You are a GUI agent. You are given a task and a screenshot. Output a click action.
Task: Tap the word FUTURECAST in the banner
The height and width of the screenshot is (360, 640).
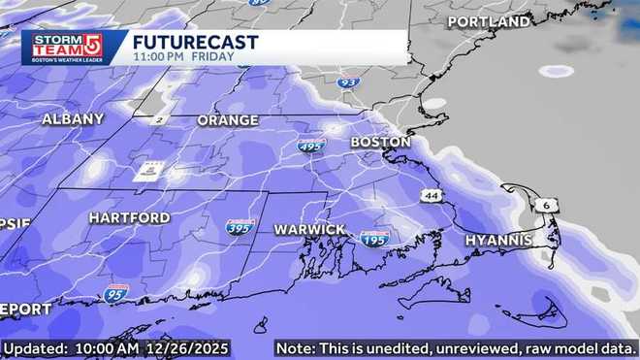[195, 42]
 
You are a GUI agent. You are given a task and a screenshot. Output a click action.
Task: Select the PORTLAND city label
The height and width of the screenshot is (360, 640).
[489, 21]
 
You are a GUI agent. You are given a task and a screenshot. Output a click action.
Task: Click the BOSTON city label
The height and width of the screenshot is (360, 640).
[380, 142]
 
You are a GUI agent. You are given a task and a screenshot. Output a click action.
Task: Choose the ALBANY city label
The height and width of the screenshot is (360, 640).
[73, 119]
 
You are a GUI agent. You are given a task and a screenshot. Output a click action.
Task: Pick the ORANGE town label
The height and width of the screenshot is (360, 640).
[228, 120]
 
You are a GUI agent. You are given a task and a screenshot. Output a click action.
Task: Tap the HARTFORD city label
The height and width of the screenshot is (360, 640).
[129, 218]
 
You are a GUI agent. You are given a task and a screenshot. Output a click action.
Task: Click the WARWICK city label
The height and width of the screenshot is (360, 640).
[309, 229]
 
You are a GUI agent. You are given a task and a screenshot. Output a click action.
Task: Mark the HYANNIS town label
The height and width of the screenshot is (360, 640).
[497, 240]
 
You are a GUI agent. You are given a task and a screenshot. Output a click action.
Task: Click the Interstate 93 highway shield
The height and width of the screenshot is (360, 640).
[347, 83]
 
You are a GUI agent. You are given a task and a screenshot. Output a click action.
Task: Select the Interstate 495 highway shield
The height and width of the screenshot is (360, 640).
[311, 146]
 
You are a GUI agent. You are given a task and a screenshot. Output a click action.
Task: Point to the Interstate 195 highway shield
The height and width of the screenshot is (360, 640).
[374, 238]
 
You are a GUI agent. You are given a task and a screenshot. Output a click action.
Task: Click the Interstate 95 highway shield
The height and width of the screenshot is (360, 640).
[115, 291]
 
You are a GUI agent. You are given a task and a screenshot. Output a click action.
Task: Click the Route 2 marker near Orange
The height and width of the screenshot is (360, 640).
[158, 119]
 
